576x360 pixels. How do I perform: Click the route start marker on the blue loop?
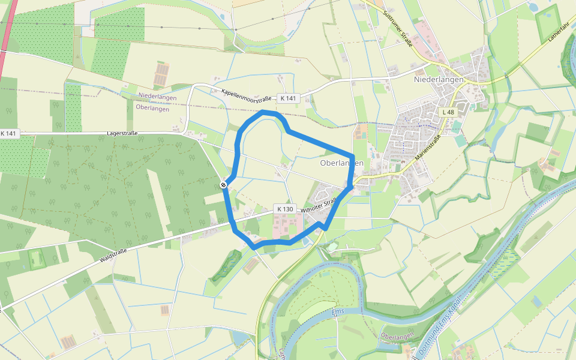pyautogui.click(x=223, y=185)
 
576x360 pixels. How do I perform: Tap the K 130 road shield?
pyautogui.click(x=285, y=209)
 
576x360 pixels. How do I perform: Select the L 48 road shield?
pyautogui.click(x=448, y=112)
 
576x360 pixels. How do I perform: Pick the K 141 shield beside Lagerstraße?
pyautogui.click(x=9, y=133)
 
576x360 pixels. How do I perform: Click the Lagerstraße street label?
pyautogui.click(x=122, y=134)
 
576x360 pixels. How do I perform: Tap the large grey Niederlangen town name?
pyautogui.click(x=439, y=80)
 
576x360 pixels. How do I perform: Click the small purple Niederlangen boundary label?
pyautogui.click(x=157, y=96)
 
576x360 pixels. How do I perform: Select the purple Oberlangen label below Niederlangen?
pyautogui.click(x=153, y=109)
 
